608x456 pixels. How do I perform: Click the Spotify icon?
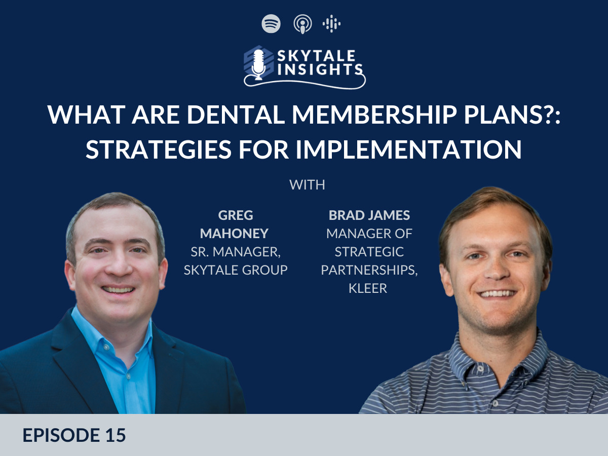click(x=271, y=24)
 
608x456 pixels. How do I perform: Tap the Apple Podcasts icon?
click(x=302, y=24)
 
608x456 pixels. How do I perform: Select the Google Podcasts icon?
click(x=331, y=24)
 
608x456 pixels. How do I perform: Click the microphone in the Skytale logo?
click(x=258, y=64)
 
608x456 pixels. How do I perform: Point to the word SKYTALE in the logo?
click(x=316, y=56)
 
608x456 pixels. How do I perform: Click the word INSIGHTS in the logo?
click(x=320, y=69)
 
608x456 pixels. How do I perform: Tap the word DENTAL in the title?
click(x=236, y=115)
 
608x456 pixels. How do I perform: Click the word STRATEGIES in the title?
click(x=159, y=149)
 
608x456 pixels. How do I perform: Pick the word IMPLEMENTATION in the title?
click(x=408, y=149)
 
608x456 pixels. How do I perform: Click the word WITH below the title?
click(x=307, y=184)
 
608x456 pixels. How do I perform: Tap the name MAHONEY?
click(x=235, y=234)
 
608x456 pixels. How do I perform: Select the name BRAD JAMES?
click(x=369, y=215)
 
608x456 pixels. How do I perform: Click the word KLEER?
click(x=368, y=288)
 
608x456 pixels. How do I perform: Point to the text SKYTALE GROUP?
click(x=236, y=270)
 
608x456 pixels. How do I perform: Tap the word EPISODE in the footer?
click(x=61, y=435)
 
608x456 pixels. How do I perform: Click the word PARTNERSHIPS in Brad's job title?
click(x=369, y=270)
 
